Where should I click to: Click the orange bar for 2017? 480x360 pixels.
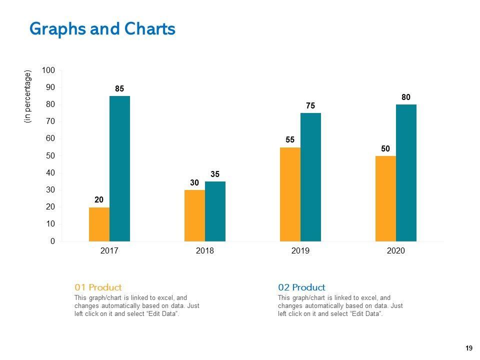pyautogui.click(x=99, y=224)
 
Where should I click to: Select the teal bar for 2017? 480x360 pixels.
pyautogui.click(x=119, y=168)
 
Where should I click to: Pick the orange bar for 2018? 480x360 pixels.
pyautogui.click(x=194, y=215)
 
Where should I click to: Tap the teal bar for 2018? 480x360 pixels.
pyautogui.click(x=215, y=211)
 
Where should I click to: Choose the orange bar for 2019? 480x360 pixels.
pyautogui.click(x=290, y=194)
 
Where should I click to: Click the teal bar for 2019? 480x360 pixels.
pyautogui.click(x=310, y=177)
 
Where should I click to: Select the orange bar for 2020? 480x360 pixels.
pyautogui.click(x=385, y=198)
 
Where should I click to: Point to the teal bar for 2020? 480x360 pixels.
pyautogui.click(x=406, y=172)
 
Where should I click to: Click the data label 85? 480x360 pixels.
pyautogui.click(x=119, y=89)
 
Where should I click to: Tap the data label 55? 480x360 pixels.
pyautogui.click(x=290, y=140)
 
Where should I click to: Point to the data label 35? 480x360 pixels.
pyautogui.click(x=215, y=174)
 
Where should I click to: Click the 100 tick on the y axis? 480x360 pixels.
pyautogui.click(x=48, y=70)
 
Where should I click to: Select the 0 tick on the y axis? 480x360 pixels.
pyautogui.click(x=52, y=241)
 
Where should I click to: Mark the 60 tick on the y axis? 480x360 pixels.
pyautogui.click(x=50, y=138)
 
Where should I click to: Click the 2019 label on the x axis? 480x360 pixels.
pyautogui.click(x=300, y=251)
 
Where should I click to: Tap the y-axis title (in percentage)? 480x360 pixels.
pyautogui.click(x=28, y=96)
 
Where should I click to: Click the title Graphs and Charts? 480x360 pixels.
pyautogui.click(x=102, y=29)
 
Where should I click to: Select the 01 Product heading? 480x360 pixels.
pyautogui.click(x=98, y=287)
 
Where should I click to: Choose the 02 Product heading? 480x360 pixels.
pyautogui.click(x=301, y=287)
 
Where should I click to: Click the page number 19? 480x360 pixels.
pyautogui.click(x=468, y=348)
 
